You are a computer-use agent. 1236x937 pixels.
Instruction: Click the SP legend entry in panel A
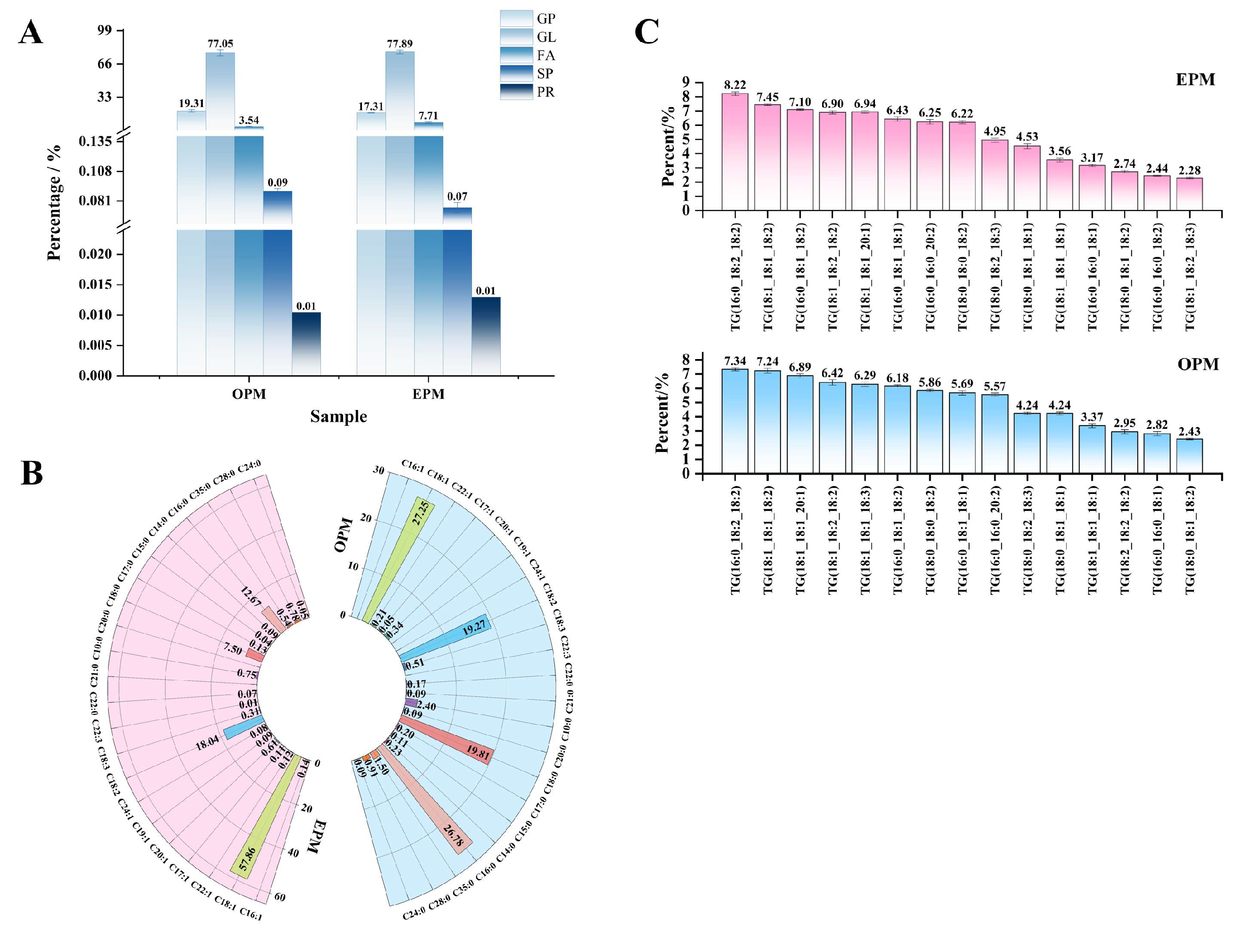pos(544,74)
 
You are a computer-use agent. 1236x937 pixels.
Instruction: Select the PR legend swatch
pos(516,92)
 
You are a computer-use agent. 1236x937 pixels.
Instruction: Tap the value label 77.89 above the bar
pos(400,43)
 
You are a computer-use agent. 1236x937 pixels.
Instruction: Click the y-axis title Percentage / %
pos(54,203)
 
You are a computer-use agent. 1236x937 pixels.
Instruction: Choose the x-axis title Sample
pos(339,416)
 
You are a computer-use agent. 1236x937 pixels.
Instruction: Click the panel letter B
pos(31,474)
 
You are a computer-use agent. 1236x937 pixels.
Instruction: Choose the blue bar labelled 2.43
pos(1190,456)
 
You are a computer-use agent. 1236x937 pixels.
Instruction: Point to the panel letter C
pos(647,32)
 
